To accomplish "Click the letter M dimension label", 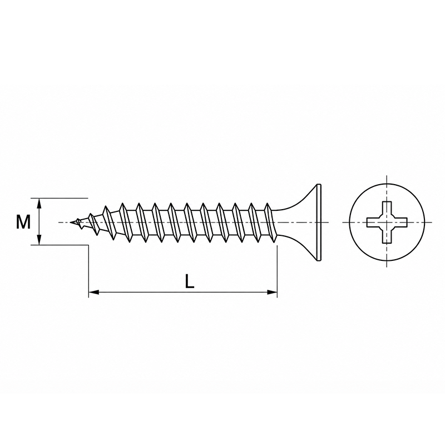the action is pyautogui.click(x=23, y=222).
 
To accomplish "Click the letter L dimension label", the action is pyautogui.click(x=189, y=281).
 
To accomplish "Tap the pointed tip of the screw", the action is pyautogui.click(x=71, y=222).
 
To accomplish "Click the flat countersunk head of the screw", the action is pyautogui.click(x=318, y=222).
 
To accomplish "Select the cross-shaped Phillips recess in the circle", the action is pyautogui.click(x=387, y=222).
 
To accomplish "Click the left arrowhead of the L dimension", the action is pyautogui.click(x=94, y=292).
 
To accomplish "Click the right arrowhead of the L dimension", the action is pyautogui.click(x=272, y=292).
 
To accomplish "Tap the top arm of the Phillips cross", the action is pyautogui.click(x=387, y=209).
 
